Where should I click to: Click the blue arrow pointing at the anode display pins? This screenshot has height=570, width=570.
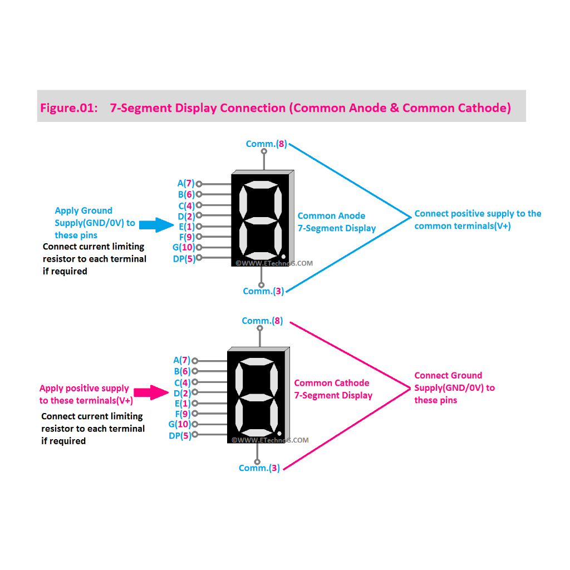[157, 224]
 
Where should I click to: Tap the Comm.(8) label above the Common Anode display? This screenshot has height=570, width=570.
[266, 144]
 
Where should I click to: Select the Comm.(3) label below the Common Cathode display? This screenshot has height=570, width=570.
[259, 468]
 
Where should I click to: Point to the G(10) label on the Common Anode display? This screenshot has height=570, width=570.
[183, 247]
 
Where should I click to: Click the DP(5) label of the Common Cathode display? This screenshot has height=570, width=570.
[180, 436]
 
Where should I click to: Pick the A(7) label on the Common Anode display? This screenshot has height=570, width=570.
[185, 184]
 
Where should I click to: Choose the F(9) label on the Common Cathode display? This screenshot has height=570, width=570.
[183, 414]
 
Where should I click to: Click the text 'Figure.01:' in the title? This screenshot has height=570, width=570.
[67, 108]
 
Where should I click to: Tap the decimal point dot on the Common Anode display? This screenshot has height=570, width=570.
[283, 257]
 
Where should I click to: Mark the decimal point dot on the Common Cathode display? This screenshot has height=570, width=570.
[279, 434]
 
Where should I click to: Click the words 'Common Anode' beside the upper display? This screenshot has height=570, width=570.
[331, 216]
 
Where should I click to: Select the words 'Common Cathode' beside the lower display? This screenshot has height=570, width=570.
[331, 383]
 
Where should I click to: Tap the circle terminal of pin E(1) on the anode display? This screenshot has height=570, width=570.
[199, 227]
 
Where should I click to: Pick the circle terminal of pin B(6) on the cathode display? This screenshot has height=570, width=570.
[195, 371]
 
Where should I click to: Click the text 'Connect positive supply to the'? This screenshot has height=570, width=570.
[478, 214]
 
